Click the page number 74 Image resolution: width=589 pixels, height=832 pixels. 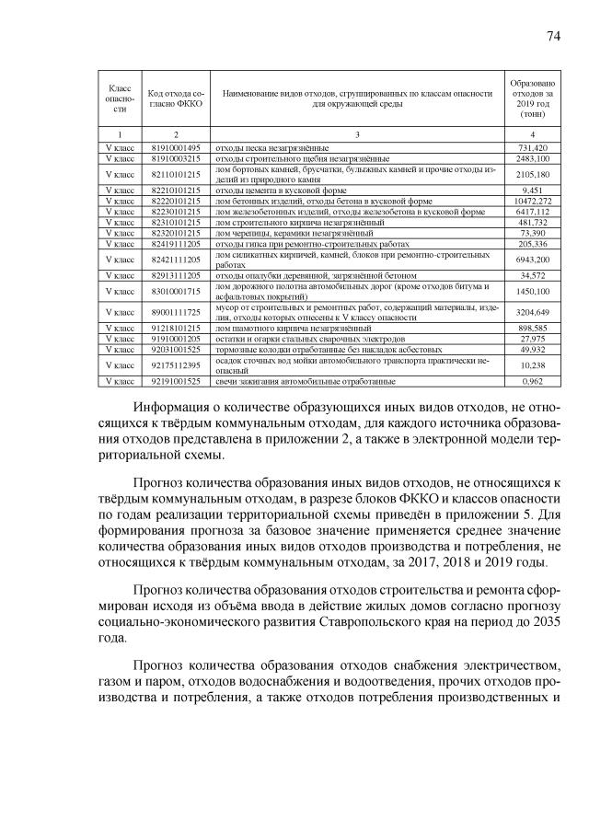point(553,36)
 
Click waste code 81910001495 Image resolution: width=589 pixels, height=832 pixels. point(175,147)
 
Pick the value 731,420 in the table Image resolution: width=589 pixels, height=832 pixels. point(533,147)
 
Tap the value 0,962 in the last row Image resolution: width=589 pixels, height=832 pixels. point(533,380)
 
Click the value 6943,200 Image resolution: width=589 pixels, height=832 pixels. point(533,260)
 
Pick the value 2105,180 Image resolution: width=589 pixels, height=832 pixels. point(533,174)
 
